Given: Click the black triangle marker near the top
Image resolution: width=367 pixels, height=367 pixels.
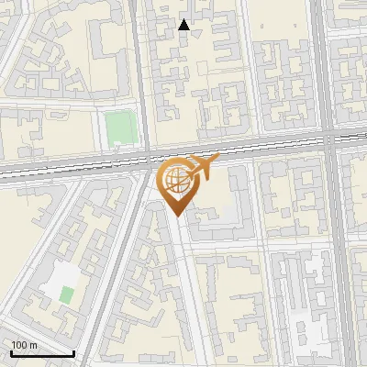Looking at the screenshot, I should click(183, 25).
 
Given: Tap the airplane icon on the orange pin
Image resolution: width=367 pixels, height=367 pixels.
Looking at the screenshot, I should click(203, 167).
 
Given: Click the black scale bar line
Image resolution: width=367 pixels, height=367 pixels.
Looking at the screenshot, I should click(41, 353).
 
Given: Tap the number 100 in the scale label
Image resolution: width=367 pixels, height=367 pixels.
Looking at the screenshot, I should click(19, 345).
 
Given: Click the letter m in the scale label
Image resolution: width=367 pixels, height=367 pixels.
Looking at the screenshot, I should click(33, 345).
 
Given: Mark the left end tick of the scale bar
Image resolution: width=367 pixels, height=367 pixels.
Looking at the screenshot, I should click(10, 351).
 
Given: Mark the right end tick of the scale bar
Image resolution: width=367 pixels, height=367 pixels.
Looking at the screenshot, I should click(73, 351).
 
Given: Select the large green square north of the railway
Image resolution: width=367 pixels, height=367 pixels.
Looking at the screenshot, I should click(118, 128).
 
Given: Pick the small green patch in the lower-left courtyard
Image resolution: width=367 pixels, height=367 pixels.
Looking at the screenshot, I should click(67, 295).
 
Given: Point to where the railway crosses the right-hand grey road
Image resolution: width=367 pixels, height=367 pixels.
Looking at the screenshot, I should click(329, 141).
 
